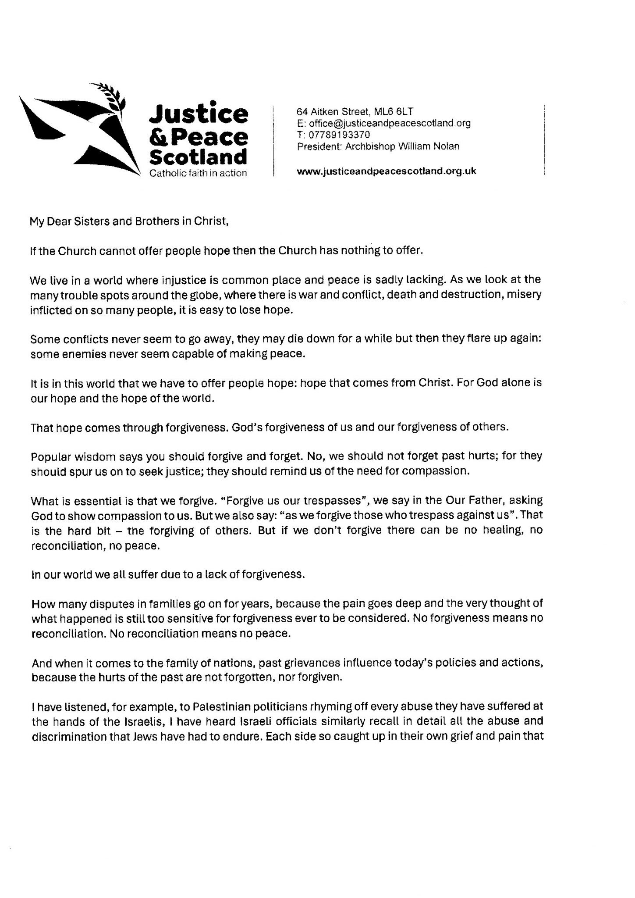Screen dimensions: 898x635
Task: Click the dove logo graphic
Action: point(79,129)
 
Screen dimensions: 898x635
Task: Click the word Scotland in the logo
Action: point(199,157)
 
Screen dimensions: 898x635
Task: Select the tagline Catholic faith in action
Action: point(198,173)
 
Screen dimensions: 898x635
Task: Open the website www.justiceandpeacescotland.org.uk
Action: point(386,171)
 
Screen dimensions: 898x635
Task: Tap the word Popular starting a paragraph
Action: point(50,456)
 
